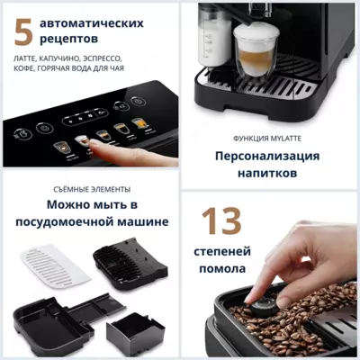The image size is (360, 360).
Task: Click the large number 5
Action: click(23, 31)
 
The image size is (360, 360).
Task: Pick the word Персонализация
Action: click(267, 155)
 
